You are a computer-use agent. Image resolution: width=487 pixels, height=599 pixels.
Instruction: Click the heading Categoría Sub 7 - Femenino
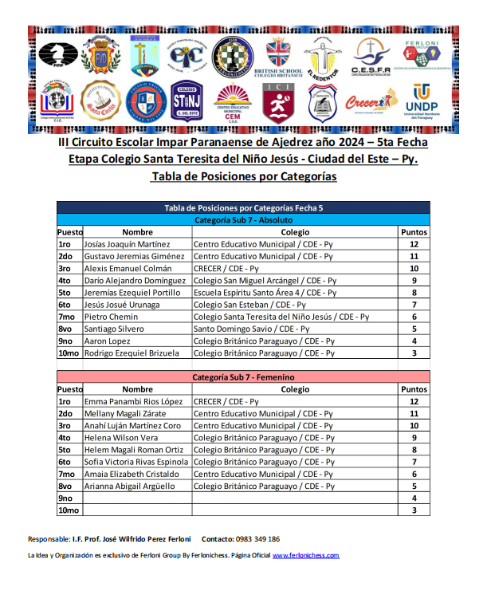pyautogui.click(x=243, y=376)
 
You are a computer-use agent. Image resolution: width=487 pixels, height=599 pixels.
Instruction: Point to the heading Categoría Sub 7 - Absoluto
pyautogui.click(x=243, y=219)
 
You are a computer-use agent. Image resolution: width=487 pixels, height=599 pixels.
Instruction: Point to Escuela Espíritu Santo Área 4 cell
pyautogui.click(x=265, y=293)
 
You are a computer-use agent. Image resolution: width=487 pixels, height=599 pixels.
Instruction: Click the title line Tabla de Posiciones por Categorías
pyautogui.click(x=243, y=176)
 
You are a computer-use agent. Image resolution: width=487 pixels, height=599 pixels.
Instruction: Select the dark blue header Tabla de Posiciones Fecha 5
pyautogui.click(x=243, y=207)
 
